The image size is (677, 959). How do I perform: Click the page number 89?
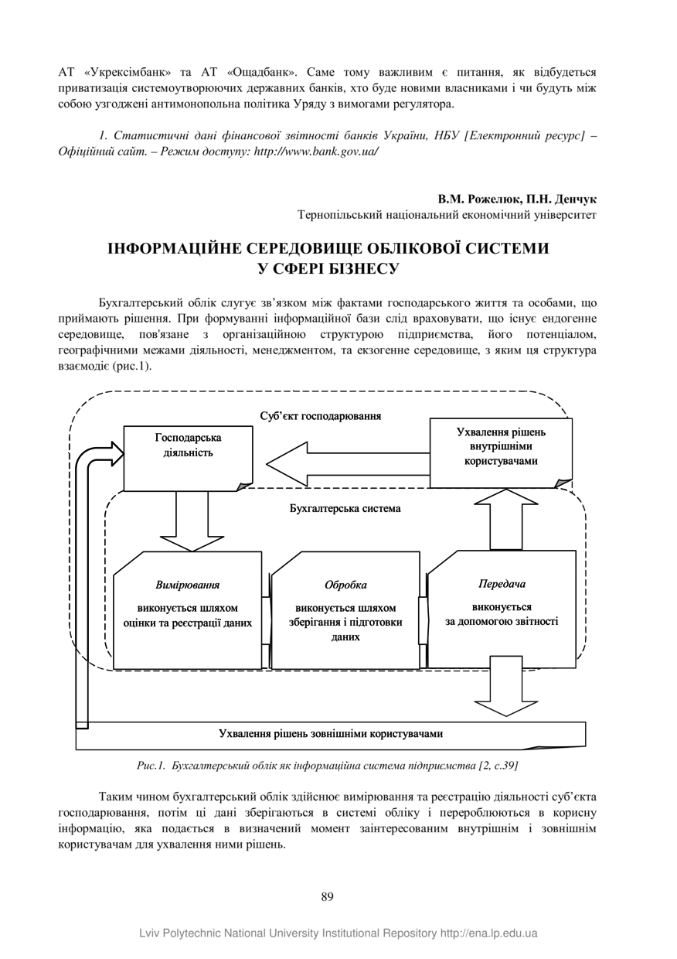coord(327,897)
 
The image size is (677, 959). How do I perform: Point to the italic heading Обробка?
coord(345,585)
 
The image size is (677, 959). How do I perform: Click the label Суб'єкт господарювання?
coord(321,416)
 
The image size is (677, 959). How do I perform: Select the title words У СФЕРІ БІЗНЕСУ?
coord(328,269)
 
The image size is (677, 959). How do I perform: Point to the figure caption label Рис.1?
coord(150,766)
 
